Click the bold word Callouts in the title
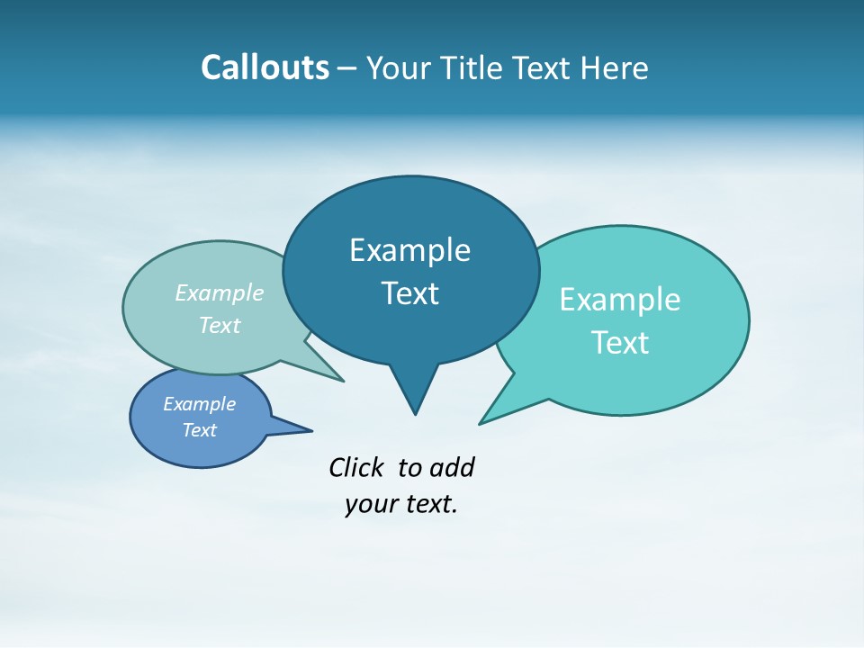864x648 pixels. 265,67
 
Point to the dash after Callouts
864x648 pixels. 347,68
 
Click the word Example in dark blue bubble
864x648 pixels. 409,250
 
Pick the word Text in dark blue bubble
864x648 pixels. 409,293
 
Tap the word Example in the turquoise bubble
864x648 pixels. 620,300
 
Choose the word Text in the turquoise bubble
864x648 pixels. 620,343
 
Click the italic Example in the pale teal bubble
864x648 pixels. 220,292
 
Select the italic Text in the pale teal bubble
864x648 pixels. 220,325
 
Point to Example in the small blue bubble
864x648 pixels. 199,404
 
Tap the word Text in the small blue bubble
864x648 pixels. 199,430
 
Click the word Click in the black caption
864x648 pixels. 356,467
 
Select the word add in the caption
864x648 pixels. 452,467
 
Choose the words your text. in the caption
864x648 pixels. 401,504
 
